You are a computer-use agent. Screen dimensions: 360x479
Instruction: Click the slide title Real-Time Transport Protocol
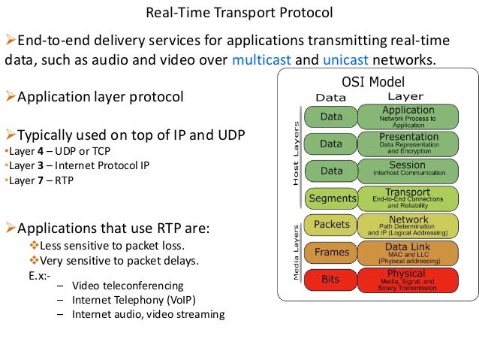point(239,14)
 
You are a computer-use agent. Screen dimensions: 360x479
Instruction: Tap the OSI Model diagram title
point(373,82)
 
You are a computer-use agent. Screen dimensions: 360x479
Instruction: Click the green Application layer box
point(408,116)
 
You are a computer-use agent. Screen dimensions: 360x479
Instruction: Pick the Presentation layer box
point(408,144)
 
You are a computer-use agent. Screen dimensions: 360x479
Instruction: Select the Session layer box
point(408,171)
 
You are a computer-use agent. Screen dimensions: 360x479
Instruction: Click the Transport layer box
point(408,198)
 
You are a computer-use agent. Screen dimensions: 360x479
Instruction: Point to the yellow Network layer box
point(408,225)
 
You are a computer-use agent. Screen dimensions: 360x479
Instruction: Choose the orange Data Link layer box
point(408,252)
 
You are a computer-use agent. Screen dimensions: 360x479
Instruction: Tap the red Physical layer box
point(408,279)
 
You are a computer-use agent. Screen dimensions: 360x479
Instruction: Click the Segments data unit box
point(332,198)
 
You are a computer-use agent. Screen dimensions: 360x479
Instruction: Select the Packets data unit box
point(331,225)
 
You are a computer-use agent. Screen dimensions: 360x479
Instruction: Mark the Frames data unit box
point(331,253)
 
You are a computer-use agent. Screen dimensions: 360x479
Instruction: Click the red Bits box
point(330,280)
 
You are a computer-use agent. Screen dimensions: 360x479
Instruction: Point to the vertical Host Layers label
point(295,155)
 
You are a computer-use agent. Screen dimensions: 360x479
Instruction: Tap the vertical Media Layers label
point(296,251)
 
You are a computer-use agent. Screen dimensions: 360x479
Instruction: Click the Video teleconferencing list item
point(128,286)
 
